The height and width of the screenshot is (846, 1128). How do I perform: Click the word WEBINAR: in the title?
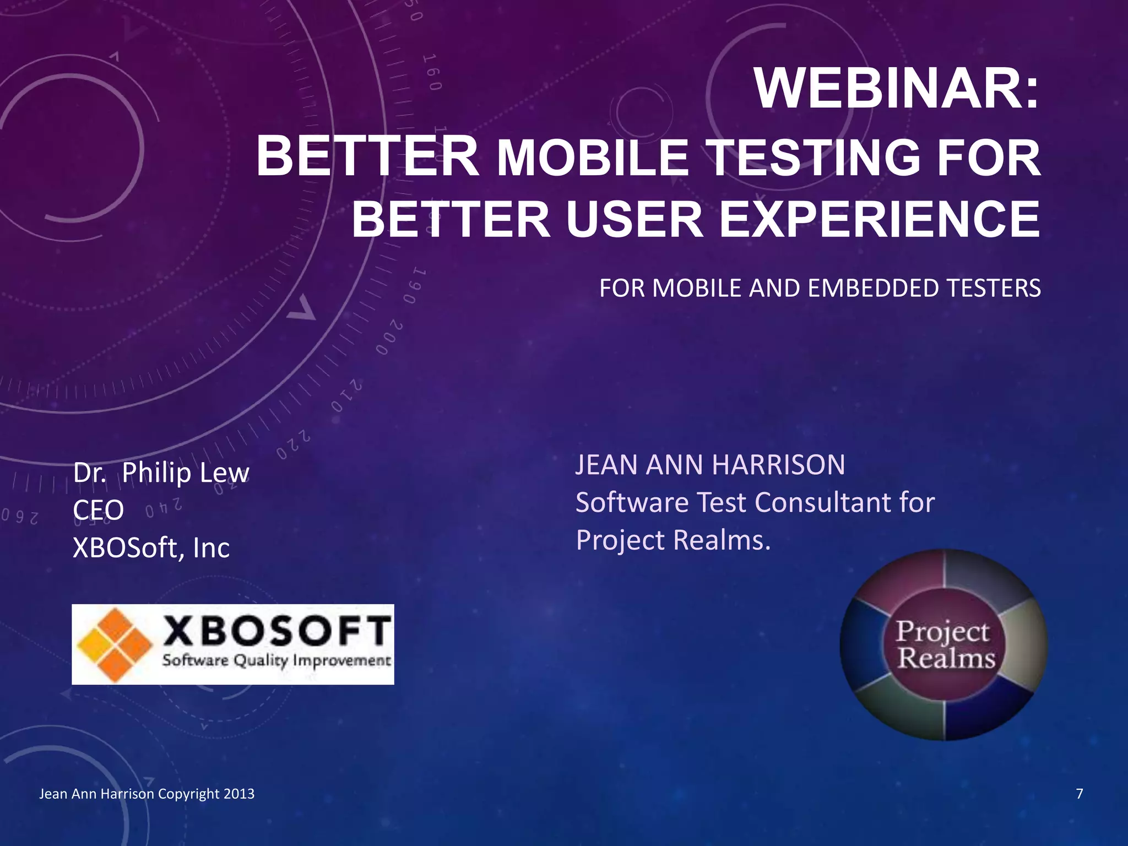[x=897, y=89]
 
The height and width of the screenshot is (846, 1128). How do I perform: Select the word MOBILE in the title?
[x=593, y=158]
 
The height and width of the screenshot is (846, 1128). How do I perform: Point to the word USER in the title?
[x=634, y=219]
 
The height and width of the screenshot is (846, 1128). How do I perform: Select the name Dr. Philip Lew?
[x=161, y=473]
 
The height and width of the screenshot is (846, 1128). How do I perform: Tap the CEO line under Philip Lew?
[x=98, y=510]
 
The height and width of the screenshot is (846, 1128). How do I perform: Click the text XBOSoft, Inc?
[x=151, y=547]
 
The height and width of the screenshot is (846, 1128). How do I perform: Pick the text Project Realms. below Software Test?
[x=673, y=540]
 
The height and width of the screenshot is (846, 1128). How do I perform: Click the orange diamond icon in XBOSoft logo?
[x=115, y=644]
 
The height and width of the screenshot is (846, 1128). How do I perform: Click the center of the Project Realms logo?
[x=944, y=644]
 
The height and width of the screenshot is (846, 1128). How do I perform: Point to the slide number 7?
[x=1079, y=794]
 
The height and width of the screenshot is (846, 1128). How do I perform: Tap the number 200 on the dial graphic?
[x=389, y=337]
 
